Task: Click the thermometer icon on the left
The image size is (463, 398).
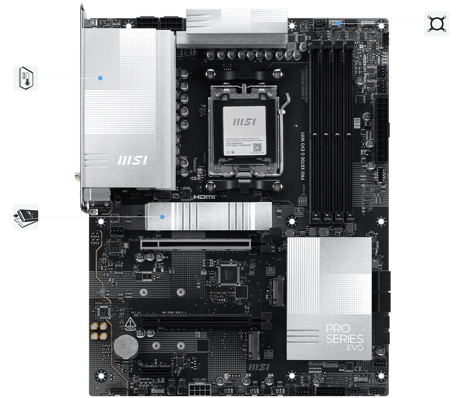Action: point(26,78)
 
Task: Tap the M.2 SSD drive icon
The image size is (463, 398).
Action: point(26,217)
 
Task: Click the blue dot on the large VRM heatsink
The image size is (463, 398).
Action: point(100,78)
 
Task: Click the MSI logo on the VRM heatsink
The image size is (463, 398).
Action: point(131,160)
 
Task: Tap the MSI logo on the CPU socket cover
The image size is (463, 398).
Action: point(245,121)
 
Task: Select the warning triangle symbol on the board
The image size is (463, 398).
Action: point(130,322)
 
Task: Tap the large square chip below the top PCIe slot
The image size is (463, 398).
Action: point(228,274)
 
